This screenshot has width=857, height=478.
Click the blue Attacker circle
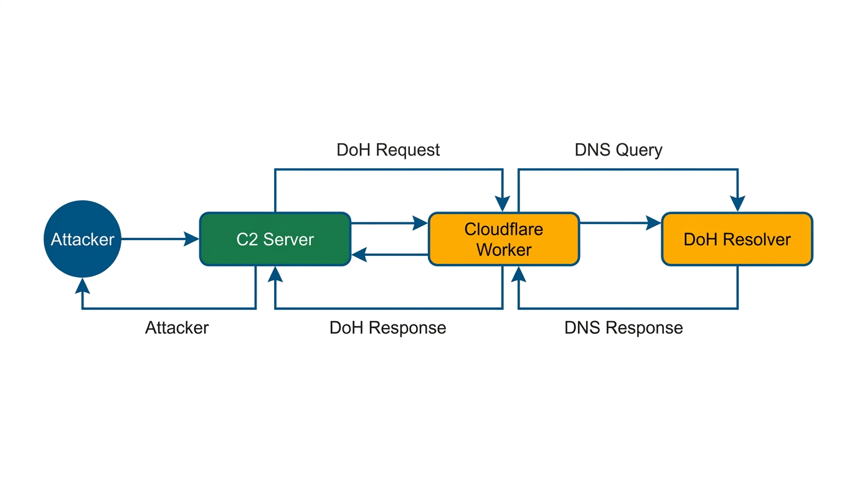click(x=82, y=239)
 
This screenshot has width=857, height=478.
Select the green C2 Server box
click(x=275, y=239)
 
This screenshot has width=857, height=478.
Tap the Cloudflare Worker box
click(x=503, y=239)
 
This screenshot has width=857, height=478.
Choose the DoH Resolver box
click(x=737, y=239)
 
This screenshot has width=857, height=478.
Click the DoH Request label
click(x=388, y=150)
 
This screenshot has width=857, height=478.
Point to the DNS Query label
click(x=618, y=150)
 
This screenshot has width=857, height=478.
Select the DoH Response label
click(x=387, y=328)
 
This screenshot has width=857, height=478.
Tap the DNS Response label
click(x=623, y=328)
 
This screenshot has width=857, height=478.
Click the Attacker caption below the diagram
click(x=177, y=328)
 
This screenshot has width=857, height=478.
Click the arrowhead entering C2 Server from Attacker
click(x=192, y=238)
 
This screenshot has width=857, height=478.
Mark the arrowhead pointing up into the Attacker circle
click(x=82, y=286)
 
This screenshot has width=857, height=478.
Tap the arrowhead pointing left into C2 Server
click(x=359, y=255)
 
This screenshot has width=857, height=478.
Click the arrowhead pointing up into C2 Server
click(x=275, y=274)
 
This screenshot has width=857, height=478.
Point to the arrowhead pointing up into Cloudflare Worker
click(x=519, y=274)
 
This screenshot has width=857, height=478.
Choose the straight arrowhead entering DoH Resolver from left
click(x=653, y=223)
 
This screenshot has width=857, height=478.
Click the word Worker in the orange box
click(x=504, y=250)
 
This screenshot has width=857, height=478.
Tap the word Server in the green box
click(x=288, y=240)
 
